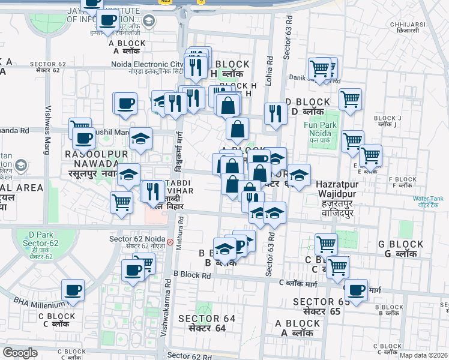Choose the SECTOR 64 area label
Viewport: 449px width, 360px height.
(x=206, y=323)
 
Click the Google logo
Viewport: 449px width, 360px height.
(x=20, y=353)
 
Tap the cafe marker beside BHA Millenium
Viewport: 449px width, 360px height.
(x=74, y=290)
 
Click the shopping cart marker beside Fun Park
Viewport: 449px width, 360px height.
(x=352, y=142)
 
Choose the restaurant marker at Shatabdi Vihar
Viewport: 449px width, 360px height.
(x=152, y=191)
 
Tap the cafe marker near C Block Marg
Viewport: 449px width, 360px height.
(x=356, y=290)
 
